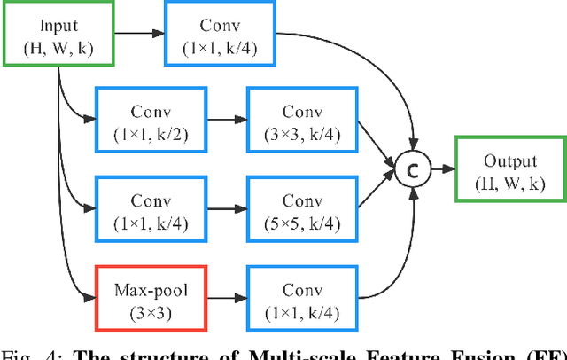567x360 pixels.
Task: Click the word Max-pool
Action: (148, 288)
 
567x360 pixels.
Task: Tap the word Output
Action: (510, 161)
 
